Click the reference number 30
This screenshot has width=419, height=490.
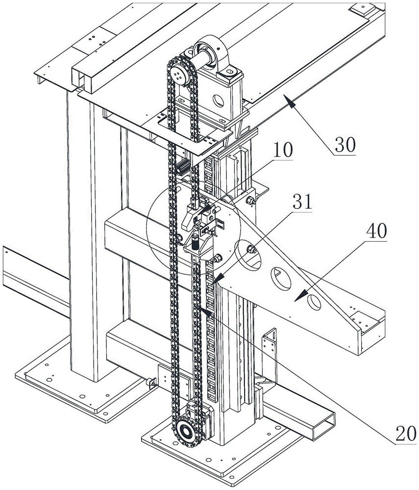point(345,145)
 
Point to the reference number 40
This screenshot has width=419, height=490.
point(376,231)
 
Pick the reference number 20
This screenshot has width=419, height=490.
point(406,434)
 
